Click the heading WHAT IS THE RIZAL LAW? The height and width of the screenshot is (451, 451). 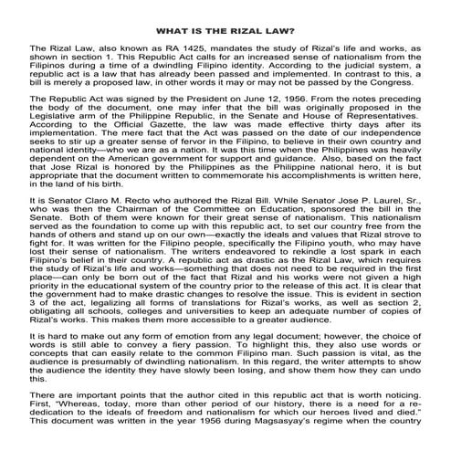[x=225, y=29]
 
